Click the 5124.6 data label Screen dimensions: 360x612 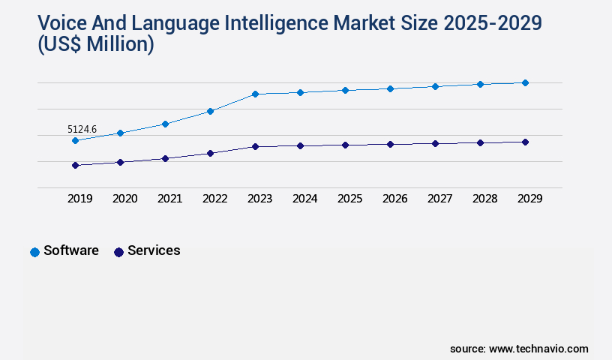coord(82,129)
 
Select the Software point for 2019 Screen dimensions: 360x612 coord(75,140)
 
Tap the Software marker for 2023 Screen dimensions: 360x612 coord(255,94)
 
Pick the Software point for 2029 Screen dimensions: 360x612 coord(525,82)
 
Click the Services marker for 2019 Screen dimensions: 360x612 coord(75,165)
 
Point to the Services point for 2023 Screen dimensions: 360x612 coord(255,146)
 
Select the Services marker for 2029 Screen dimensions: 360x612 coord(525,142)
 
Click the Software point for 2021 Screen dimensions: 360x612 coord(165,124)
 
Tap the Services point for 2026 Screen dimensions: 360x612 coord(390,144)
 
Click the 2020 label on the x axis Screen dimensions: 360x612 coord(124,199)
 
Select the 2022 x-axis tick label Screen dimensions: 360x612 coord(214,199)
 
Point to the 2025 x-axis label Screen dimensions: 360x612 coord(349,199)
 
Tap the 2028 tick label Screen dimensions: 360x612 coord(484,199)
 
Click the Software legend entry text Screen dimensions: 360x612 coord(71,250)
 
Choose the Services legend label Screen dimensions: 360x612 coord(154,250)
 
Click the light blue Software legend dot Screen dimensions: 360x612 coord(34,252)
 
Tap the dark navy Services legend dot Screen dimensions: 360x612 coord(118,252)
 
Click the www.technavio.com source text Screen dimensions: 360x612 coord(538,349)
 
